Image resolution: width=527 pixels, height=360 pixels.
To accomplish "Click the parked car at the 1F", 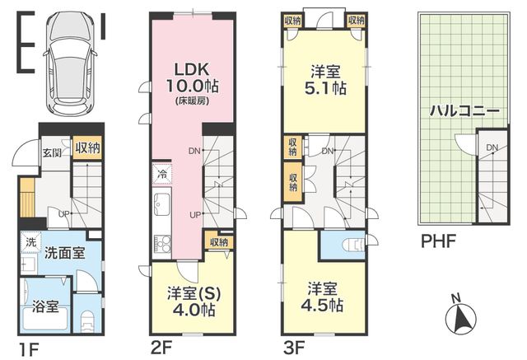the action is pos(70,63).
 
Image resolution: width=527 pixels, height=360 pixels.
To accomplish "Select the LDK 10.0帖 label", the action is pos(192,82).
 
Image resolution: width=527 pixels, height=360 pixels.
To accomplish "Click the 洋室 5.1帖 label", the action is pos(325,80).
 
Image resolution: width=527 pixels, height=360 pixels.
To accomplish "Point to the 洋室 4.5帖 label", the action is pos(322,297).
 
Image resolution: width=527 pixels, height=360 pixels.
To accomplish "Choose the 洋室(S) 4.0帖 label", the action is pos(194,302).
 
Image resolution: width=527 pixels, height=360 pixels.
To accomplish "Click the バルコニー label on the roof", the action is pos(465,110).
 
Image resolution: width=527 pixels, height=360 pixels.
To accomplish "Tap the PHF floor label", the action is pos(438,241).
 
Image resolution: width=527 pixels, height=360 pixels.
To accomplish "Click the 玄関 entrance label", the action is pos(52,152).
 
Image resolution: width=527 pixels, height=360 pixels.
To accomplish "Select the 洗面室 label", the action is pos(64,253).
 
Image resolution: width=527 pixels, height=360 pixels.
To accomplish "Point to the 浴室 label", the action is pos(45,306).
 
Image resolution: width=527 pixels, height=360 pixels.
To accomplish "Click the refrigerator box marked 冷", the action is pos(162,174).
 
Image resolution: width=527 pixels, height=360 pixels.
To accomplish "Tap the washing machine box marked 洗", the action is pos(31,242).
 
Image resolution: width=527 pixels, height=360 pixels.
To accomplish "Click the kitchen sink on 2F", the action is pos(162,206).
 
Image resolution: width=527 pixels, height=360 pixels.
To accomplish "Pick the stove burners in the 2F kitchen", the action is pos(162,243).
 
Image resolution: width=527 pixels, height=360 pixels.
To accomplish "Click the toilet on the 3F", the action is pos(354,245).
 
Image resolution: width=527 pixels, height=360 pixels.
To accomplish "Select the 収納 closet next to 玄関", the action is pos(88,148).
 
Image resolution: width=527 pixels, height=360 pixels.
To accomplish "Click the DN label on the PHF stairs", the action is pos(492,147).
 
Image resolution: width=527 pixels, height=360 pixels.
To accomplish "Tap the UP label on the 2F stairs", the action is pos(195,214).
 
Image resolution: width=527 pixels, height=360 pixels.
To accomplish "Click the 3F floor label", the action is pos(294,348).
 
